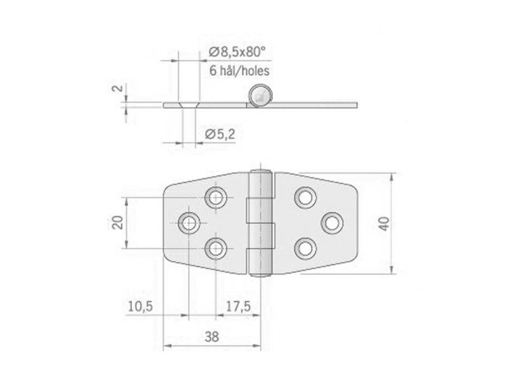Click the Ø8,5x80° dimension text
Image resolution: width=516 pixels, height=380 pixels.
pos(237,52)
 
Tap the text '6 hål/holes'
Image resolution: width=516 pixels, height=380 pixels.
pos(239,71)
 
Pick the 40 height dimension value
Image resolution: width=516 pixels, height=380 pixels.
pos(384,223)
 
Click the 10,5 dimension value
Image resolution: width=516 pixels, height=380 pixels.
pos(140,306)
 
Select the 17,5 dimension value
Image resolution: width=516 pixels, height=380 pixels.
pos(238,306)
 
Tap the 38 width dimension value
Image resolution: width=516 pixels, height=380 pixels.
pos(212,337)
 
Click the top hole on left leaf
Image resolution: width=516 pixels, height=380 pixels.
pos(217,198)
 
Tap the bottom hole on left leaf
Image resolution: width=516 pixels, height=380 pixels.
pos(217,248)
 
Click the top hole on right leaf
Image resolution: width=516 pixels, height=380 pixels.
pos(305,197)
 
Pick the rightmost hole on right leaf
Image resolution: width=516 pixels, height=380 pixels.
pos(332,223)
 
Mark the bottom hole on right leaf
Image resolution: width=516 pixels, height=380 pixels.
pos(305,248)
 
